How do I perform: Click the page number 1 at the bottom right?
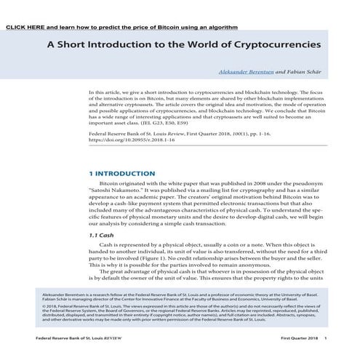[x=325, y=339]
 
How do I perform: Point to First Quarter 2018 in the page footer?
[x=299, y=339]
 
